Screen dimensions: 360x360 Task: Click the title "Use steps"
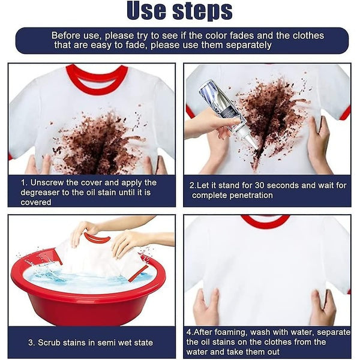(x=179, y=10)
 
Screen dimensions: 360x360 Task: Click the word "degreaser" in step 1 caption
(x=44, y=193)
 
